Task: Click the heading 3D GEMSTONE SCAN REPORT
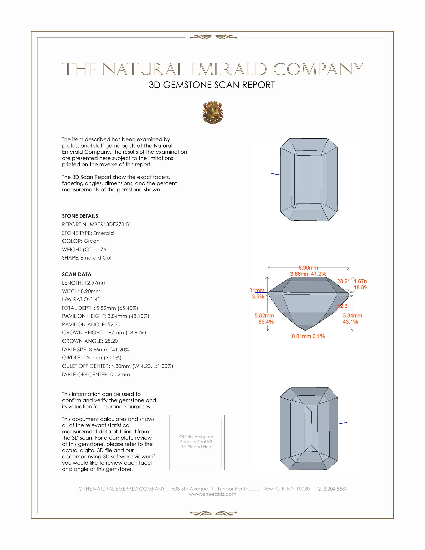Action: pyautogui.click(x=212, y=85)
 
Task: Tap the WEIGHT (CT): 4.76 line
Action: pyautogui.click(x=84, y=249)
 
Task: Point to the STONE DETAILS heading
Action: pyautogui.click(x=80, y=216)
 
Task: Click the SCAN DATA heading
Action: pyautogui.click(x=77, y=274)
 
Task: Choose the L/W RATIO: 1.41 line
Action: pyautogui.click(x=81, y=300)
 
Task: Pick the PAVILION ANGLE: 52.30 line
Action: pyautogui.click(x=91, y=324)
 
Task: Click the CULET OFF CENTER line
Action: pyautogui.click(x=117, y=366)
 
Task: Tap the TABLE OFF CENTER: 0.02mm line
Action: pyautogui.click(x=96, y=375)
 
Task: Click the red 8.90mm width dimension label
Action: pyautogui.click(x=308, y=268)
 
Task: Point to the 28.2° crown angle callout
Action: pyautogui.click(x=343, y=281)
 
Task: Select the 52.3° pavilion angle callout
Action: pyautogui.click(x=344, y=306)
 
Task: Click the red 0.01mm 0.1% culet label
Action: pyautogui.click(x=308, y=336)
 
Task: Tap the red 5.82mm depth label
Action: pyautogui.click(x=264, y=316)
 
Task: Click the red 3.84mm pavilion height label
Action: pyautogui.click(x=352, y=316)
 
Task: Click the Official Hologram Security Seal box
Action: pyautogui.click(x=197, y=443)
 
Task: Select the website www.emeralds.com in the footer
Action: pyautogui.click(x=212, y=494)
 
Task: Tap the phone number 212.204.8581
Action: pyautogui.click(x=332, y=489)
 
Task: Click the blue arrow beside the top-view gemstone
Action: pyautogui.click(x=275, y=174)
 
